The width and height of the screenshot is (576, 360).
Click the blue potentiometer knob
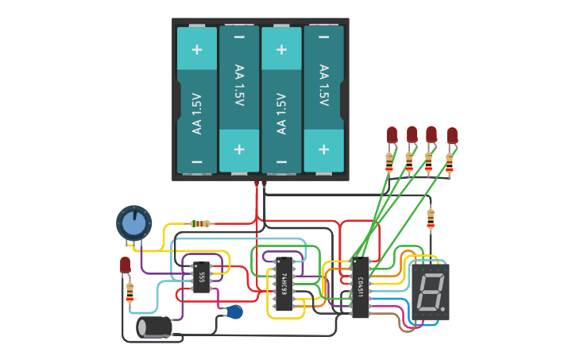(x=133, y=223)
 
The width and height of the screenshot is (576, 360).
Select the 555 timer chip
(x=202, y=277)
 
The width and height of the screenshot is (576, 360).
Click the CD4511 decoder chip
(x=360, y=286)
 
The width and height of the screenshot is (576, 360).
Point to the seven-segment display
(x=429, y=292)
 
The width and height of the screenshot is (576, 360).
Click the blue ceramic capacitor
(x=234, y=312)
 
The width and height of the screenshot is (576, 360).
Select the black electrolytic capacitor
(x=155, y=327)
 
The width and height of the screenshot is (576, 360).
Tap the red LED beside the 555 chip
(x=125, y=265)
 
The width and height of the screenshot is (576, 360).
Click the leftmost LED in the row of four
(x=391, y=134)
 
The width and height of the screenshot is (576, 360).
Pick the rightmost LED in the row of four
(x=452, y=135)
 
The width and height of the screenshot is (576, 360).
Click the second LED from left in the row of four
(x=412, y=134)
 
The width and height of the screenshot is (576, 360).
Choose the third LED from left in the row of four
(x=431, y=134)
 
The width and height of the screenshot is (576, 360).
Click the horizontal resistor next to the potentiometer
(x=201, y=224)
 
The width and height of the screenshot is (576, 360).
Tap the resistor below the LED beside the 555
(x=130, y=293)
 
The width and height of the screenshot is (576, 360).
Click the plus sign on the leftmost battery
(x=196, y=49)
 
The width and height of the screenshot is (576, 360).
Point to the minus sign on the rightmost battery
(x=323, y=37)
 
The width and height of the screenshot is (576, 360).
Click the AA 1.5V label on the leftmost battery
(x=196, y=114)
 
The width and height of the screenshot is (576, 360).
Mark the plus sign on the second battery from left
(x=239, y=149)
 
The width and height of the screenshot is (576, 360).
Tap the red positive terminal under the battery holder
(x=257, y=184)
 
